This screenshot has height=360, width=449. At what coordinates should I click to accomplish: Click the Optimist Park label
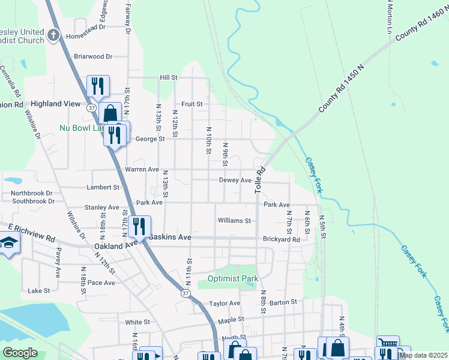pyautogui.click(x=233, y=278)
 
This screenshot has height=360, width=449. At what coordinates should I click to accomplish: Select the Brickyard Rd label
pyautogui.click(x=281, y=239)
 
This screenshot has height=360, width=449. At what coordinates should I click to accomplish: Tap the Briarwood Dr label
pyautogui.click(x=93, y=56)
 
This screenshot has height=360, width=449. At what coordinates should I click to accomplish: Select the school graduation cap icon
pyautogui.click(x=9, y=242)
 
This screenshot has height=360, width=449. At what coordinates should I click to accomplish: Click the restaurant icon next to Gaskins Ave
pyautogui.click(x=139, y=226)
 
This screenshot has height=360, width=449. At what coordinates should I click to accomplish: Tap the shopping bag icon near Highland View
pyautogui.click(x=110, y=112)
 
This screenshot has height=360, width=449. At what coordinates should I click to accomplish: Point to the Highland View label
pyautogui.click(x=55, y=104)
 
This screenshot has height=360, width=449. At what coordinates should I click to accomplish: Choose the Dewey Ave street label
pyautogui.click(x=235, y=180)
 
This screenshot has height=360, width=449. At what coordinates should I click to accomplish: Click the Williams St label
pyautogui.click(x=234, y=221)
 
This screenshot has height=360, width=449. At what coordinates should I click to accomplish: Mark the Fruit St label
pyautogui.click(x=192, y=104)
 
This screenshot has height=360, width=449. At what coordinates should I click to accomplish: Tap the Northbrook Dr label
pyautogui.click(x=32, y=193)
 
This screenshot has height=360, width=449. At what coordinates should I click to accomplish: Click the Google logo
pyautogui.click(x=20, y=353)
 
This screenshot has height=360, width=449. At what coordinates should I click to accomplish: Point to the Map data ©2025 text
pyautogui.click(x=423, y=355)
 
